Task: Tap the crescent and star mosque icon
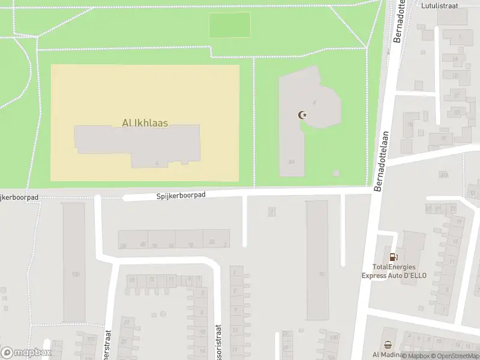click(x=302, y=115)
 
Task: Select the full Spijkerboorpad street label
click(x=181, y=196)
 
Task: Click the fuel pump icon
click(x=394, y=257)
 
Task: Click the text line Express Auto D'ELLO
click(x=394, y=276)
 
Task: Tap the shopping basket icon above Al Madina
click(x=388, y=345)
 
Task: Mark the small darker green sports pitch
click(x=229, y=25)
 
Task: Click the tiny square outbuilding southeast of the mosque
click(x=335, y=173)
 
